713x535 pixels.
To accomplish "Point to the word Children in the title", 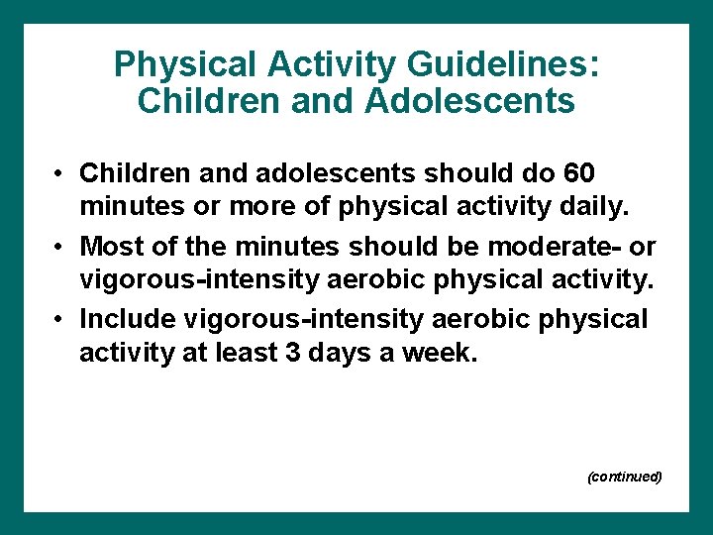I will pos(201,100).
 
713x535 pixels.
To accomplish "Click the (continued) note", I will pos(624,477).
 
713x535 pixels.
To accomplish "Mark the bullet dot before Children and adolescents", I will pos(60,174).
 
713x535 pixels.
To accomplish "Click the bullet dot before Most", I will pos(60,246).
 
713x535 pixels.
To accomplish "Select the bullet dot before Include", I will pos(60,319).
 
